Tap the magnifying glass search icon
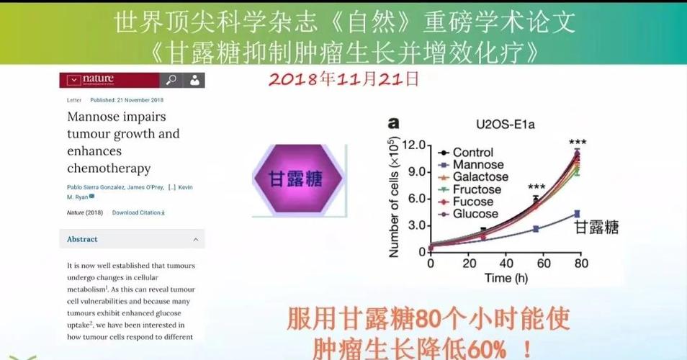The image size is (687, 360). click(171, 79)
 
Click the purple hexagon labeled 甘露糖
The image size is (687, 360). click(295, 179)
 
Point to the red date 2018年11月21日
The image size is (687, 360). click(343, 77)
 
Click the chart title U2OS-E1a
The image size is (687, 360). click(505, 124)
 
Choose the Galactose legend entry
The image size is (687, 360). click(480, 177)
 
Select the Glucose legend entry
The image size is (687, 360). click(475, 214)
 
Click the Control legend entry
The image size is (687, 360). click(472, 153)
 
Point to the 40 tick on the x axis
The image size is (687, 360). click(506, 264)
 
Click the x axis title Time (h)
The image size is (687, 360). click(508, 278)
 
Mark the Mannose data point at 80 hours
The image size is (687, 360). click(576, 213)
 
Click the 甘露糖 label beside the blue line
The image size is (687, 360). click(596, 228)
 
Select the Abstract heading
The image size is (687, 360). click(82, 239)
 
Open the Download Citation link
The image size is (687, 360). click(138, 212)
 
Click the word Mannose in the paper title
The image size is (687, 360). click(96, 117)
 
